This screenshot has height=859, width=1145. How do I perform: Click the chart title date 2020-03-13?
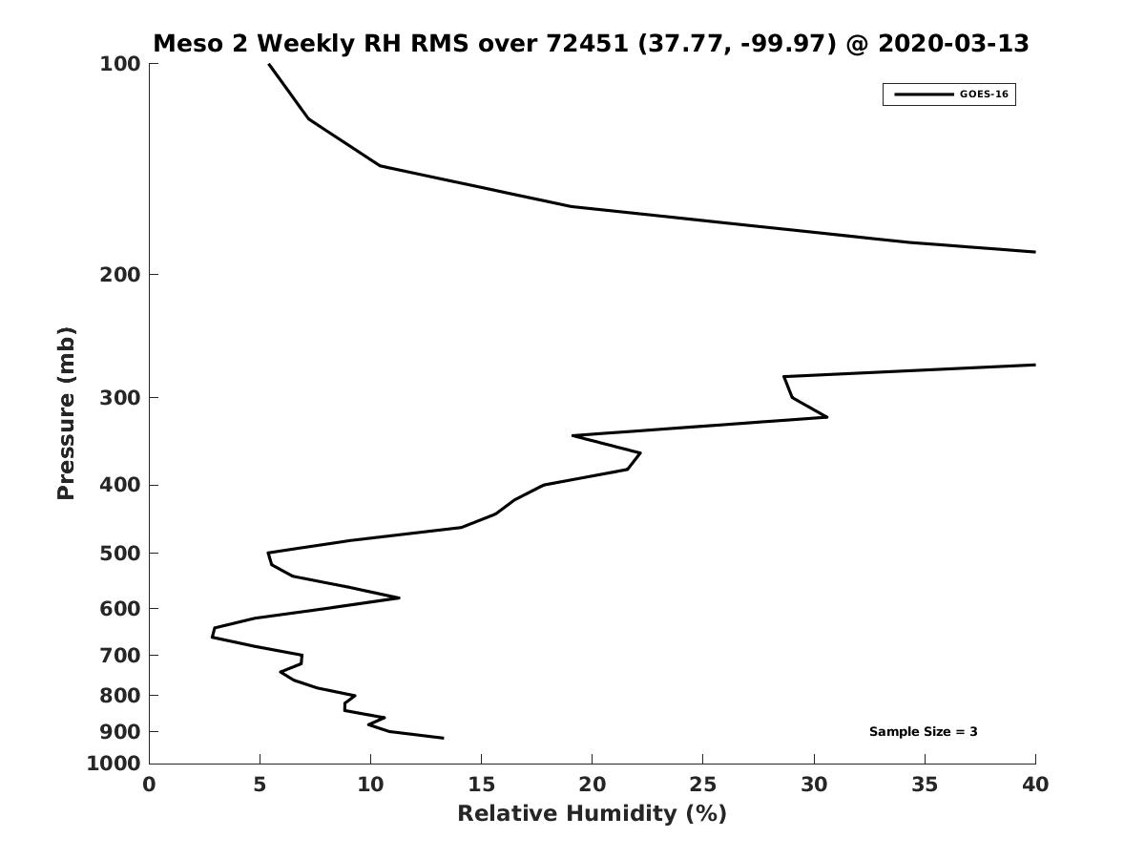click(953, 44)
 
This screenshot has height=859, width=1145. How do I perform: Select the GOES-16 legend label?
click(984, 94)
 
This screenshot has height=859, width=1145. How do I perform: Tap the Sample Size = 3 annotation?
click(923, 732)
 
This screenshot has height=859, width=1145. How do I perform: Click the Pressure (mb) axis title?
click(66, 413)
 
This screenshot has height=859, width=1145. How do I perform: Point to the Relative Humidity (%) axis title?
click(592, 814)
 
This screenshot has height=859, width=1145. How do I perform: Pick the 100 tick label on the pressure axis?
click(120, 64)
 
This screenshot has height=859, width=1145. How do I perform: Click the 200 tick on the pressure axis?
click(120, 275)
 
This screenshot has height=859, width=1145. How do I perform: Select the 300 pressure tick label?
click(120, 398)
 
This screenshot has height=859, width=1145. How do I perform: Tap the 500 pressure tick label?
click(120, 554)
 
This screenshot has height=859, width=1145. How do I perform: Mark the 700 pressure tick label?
click(120, 656)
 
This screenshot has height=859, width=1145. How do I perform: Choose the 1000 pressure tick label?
click(114, 764)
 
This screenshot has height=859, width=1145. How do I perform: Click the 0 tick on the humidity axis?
click(150, 785)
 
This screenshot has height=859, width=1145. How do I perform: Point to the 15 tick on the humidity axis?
click(482, 785)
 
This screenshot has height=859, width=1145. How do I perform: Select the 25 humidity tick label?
click(703, 785)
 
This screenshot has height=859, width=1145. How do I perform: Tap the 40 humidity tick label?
click(1035, 785)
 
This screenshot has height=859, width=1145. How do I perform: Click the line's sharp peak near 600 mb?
click(399, 598)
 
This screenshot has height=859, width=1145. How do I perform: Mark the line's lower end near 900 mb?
click(443, 737)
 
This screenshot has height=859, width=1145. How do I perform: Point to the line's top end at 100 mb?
click(269, 64)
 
